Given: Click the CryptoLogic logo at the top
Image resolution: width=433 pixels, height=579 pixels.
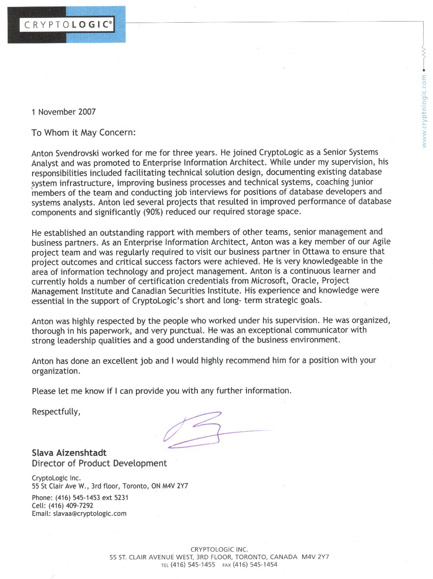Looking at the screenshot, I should (x=67, y=25).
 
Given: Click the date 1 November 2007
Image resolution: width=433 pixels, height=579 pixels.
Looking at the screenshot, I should (x=63, y=112).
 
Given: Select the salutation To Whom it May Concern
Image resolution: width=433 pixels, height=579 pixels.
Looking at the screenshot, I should (x=83, y=132).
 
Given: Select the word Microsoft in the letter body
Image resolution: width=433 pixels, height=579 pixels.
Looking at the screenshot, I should (x=269, y=281).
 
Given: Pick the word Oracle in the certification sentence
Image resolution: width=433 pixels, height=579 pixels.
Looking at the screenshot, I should (x=307, y=281).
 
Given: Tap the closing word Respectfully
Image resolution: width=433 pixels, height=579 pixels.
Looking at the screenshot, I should (x=56, y=412).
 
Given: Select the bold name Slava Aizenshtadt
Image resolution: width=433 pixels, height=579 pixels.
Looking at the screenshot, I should (x=69, y=453).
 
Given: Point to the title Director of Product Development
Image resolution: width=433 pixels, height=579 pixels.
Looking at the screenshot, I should (x=99, y=463).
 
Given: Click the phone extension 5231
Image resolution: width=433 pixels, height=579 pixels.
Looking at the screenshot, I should (x=121, y=498).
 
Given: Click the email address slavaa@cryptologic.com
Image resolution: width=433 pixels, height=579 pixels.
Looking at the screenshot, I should (x=90, y=514).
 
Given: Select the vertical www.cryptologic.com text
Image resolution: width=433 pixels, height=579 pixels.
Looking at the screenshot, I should (x=424, y=111).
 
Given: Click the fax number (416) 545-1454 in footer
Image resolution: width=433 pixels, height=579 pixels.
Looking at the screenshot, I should (x=255, y=565).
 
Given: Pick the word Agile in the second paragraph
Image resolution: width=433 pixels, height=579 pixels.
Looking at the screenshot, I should (x=381, y=242).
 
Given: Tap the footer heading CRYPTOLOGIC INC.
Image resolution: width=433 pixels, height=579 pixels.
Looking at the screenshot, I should (x=219, y=549).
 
